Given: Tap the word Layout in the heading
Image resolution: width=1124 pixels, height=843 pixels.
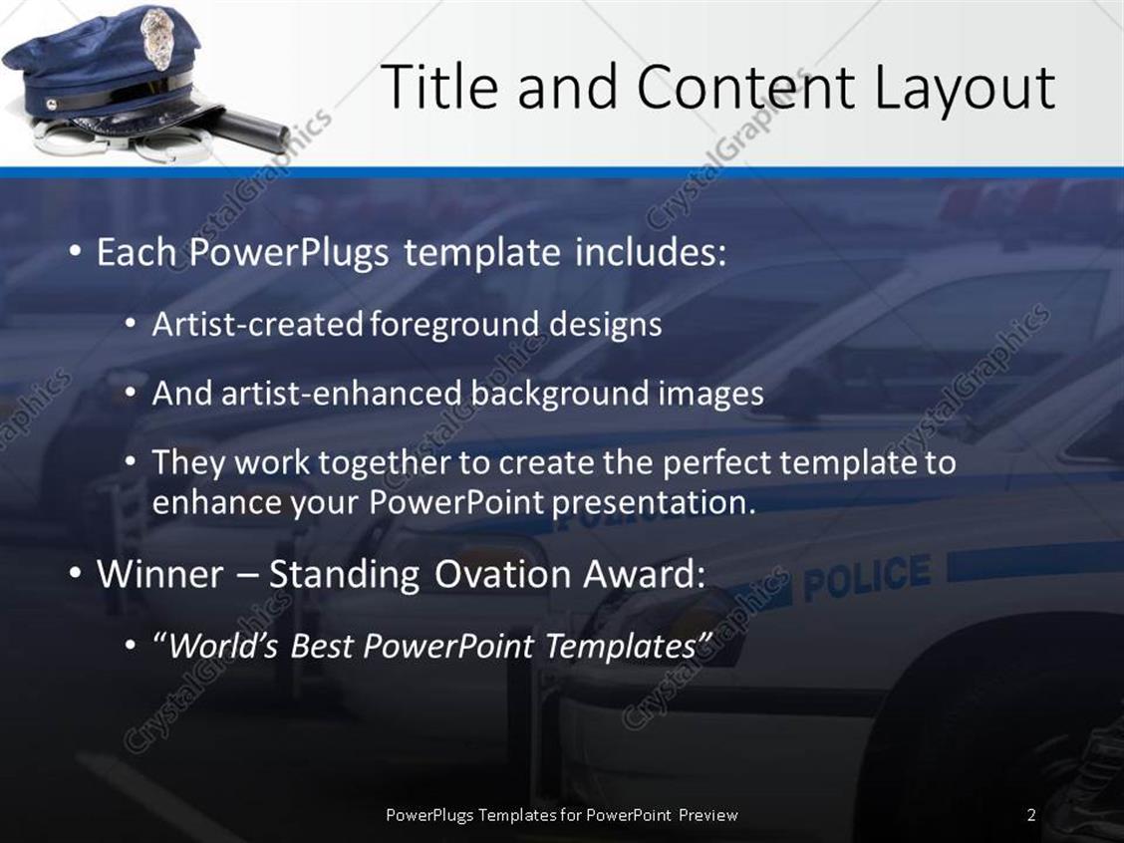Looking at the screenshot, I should pyautogui.click(x=964, y=89).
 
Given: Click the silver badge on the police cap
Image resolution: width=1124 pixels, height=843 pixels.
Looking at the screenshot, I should pyautogui.click(x=157, y=39).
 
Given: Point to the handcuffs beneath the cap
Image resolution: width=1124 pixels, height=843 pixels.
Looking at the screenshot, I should pyautogui.click(x=80, y=140).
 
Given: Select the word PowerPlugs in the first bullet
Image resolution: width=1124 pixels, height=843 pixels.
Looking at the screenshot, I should pyautogui.click(x=290, y=253).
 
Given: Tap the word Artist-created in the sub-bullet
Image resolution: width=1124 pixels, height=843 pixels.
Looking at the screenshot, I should pyautogui.click(x=258, y=324).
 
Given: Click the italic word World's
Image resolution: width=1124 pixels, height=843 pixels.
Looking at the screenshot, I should pyautogui.click(x=225, y=647).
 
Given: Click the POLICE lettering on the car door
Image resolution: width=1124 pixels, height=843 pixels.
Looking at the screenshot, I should pyautogui.click(x=866, y=577).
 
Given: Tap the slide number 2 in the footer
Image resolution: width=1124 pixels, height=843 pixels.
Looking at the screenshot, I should pyautogui.click(x=1031, y=815).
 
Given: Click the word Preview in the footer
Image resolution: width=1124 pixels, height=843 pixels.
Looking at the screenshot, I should pyautogui.click(x=708, y=815).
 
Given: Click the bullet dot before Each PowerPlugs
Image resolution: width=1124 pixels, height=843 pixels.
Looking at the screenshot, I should pyautogui.click(x=76, y=253).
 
